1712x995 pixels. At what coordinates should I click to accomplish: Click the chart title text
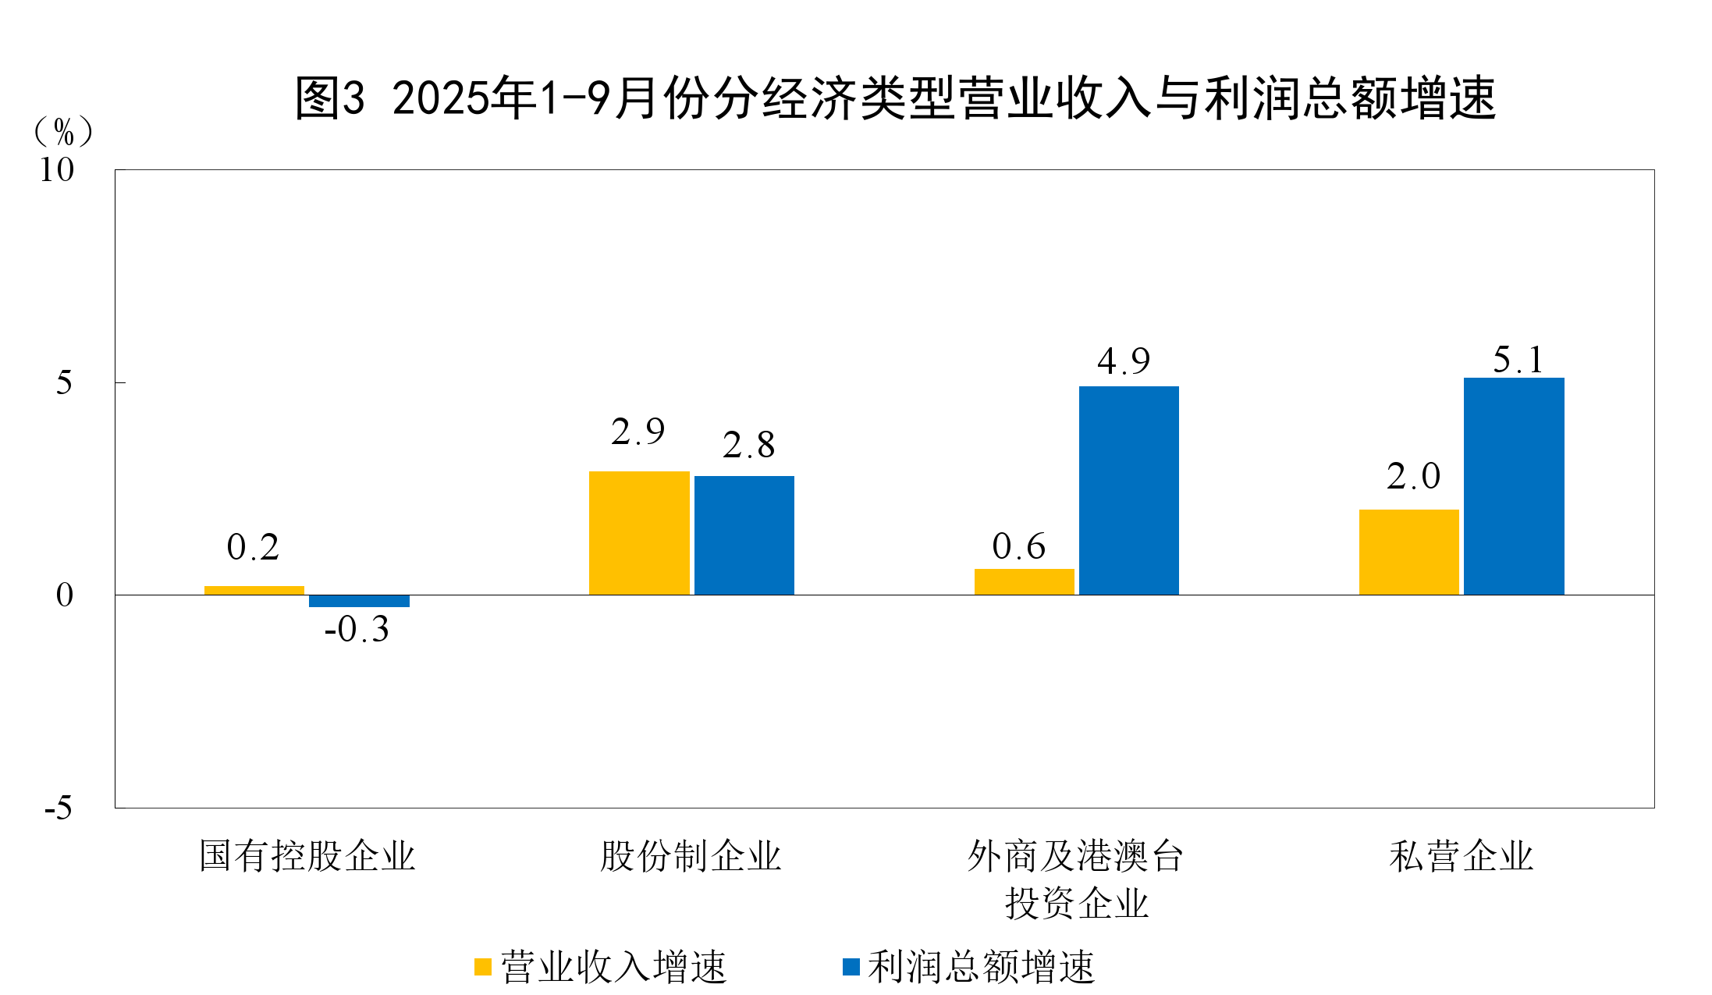pos(894,99)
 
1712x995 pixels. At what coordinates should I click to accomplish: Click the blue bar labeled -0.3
pos(359,601)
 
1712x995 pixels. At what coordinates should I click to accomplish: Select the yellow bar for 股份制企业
pos(639,533)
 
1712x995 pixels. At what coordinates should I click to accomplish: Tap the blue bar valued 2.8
pos(744,535)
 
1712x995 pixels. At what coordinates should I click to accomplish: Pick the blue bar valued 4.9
pos(1128,490)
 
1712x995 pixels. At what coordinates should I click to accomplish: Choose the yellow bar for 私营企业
pos(1408,552)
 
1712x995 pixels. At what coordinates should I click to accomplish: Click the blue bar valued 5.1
pos(1514,486)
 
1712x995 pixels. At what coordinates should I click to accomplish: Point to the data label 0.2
pos(253,547)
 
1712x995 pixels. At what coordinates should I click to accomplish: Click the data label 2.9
pos(638,432)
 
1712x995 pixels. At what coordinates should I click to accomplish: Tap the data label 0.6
pos(1018,546)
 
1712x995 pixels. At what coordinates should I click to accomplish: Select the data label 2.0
pos(1413,476)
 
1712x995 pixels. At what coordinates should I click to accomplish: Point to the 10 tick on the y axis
pos(57,170)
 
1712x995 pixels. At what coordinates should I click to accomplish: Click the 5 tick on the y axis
pos(64,383)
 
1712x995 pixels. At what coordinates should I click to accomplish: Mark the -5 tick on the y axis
pos(59,808)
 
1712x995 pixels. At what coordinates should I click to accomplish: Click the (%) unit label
pos(63,131)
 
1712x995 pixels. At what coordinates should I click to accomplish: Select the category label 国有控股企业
pos(307,856)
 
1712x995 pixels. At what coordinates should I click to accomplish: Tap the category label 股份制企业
pos(690,856)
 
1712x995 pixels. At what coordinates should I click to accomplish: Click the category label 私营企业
pos(1461,856)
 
